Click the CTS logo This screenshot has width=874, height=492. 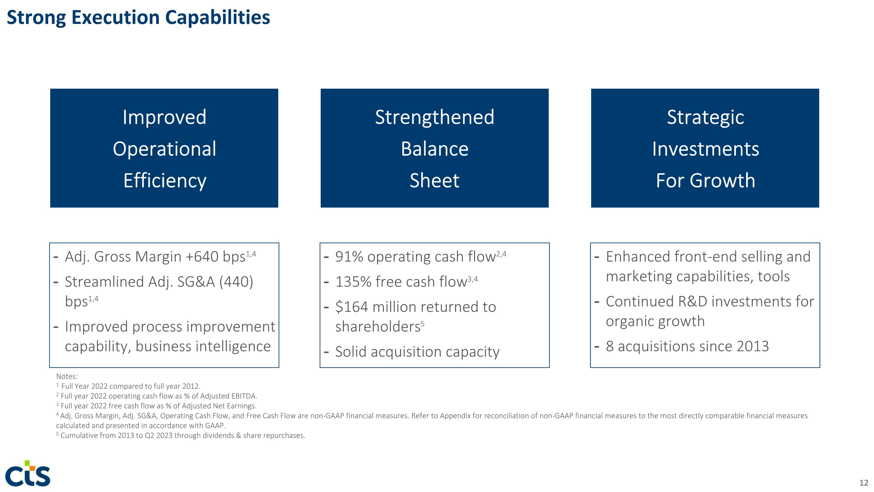point(28,474)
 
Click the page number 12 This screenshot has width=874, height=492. point(864,482)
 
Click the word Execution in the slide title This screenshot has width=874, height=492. point(115,18)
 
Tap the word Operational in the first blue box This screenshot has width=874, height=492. point(164,149)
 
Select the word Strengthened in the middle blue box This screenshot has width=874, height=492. point(434,117)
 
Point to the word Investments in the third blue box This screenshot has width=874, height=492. point(705,149)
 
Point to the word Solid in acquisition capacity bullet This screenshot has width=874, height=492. point(351,352)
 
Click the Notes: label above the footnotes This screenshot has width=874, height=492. point(67,376)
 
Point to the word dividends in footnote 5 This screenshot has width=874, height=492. point(218,435)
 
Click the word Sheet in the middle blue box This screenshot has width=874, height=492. point(434,180)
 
